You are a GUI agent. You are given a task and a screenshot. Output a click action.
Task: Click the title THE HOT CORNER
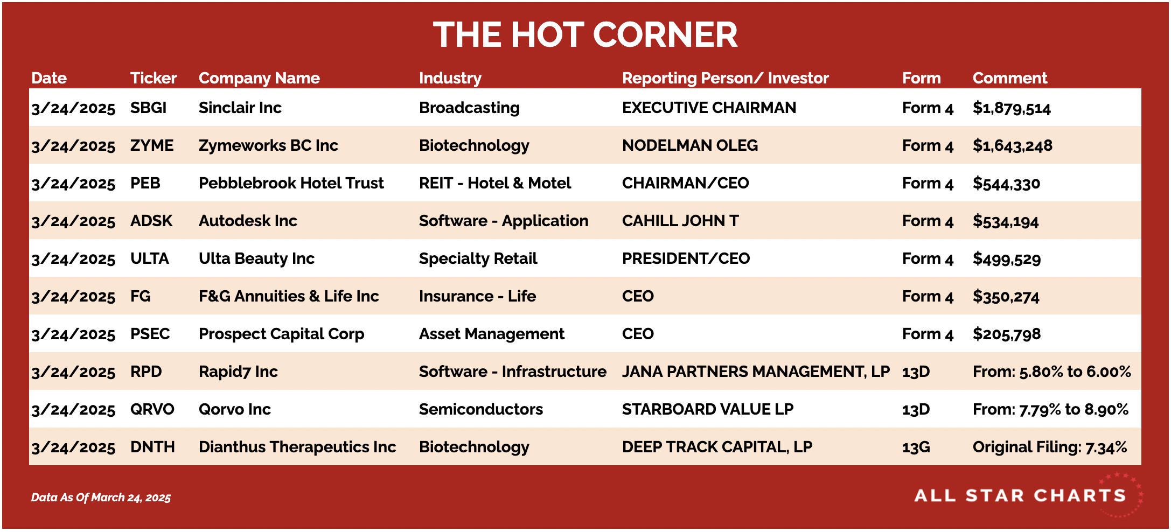point(585,35)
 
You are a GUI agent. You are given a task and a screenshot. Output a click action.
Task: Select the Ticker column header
point(154,78)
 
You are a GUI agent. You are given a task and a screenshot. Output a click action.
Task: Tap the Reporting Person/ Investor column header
point(725,78)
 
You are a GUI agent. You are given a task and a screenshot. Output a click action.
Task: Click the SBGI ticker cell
point(148,108)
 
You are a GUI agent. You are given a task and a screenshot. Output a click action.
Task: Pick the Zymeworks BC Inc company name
point(268,145)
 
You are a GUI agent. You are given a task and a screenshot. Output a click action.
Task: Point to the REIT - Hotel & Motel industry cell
point(494,183)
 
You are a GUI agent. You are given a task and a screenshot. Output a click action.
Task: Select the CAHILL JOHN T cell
point(680,221)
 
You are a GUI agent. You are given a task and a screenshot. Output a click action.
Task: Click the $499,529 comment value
point(1006,259)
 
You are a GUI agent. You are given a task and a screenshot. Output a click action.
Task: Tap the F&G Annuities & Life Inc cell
point(289,296)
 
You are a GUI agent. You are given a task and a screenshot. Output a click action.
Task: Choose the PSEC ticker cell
point(150,334)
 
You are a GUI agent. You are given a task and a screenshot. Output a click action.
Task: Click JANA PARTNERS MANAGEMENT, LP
point(756,372)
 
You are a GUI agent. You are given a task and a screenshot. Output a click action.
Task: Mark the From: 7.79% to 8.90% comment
point(1050,409)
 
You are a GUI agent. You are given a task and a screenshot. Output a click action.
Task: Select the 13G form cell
point(916,447)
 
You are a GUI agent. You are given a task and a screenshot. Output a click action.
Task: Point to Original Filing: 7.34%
point(1050,447)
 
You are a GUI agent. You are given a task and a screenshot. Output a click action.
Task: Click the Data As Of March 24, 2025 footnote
point(101,498)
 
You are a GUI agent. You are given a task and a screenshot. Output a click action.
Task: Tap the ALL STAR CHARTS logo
point(1028,495)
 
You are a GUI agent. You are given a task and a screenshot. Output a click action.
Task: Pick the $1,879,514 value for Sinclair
point(1012,108)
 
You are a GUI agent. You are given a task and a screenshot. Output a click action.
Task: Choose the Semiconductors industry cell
point(480,409)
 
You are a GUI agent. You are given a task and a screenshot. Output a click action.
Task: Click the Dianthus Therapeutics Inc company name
point(297,447)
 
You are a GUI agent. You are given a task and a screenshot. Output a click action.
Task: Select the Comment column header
point(1010,78)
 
